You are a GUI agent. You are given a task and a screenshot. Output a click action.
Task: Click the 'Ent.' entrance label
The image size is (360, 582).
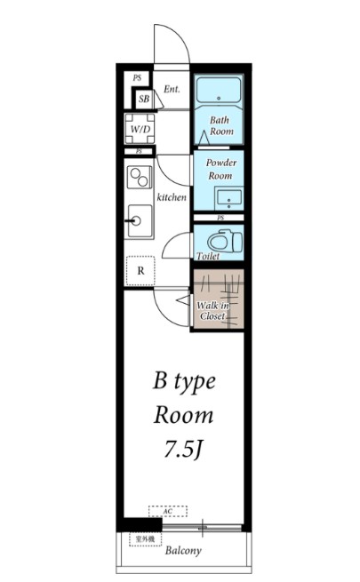click(172, 90)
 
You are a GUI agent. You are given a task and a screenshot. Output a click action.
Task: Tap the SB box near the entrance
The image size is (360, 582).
click(143, 99)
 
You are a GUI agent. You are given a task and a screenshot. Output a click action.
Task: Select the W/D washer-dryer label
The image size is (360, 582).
click(140, 130)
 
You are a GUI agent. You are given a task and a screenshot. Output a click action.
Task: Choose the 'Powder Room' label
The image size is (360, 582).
click(220, 170)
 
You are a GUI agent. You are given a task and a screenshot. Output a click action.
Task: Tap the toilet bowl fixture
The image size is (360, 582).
click(219, 240)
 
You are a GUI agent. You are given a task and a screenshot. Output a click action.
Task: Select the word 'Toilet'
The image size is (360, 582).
click(207, 256)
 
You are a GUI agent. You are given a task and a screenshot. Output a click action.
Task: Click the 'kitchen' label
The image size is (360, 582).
click(172, 197)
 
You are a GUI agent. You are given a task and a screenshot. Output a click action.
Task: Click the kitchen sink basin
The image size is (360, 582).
click(140, 219)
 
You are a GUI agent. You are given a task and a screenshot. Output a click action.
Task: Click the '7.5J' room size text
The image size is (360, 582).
click(184, 450)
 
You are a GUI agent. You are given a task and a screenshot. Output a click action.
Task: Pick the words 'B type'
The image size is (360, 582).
click(184, 382)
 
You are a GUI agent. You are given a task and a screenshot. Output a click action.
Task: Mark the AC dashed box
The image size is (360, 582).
click(168, 512)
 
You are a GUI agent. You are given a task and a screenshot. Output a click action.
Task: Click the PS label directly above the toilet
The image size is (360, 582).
click(219, 218)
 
